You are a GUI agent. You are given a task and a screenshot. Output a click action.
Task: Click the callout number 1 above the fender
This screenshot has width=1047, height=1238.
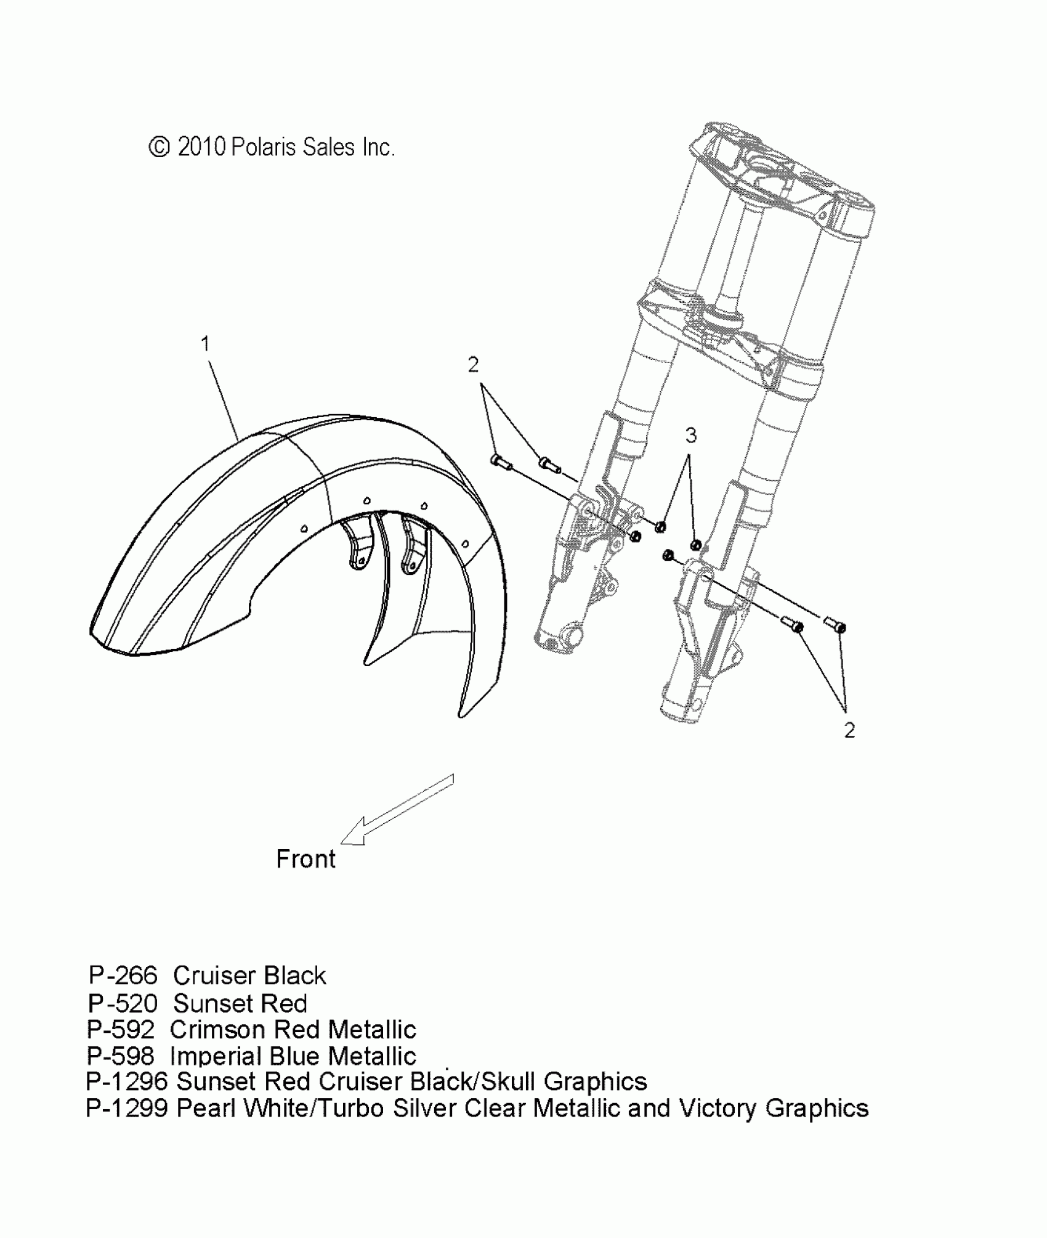coord(206,344)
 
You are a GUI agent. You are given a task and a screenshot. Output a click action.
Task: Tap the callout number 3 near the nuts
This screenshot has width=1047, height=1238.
coord(691,436)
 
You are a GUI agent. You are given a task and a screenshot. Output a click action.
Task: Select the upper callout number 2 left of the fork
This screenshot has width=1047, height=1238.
coord(473,365)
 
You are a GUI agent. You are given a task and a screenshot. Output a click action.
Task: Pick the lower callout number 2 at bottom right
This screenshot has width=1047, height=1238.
coord(849,731)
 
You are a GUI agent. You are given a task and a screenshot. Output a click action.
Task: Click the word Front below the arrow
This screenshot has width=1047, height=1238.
coord(305,859)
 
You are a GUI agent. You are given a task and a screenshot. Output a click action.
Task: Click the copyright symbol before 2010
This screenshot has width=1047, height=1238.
coord(160,148)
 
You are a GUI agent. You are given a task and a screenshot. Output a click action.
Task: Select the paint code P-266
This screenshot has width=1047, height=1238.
coord(123,975)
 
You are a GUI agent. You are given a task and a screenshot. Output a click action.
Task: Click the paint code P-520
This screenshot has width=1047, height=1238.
coord(123,1004)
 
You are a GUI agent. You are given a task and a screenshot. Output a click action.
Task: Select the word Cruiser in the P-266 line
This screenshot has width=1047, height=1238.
coord(214,975)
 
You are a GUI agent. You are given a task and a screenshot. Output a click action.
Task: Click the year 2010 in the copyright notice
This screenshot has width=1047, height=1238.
coord(201,148)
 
